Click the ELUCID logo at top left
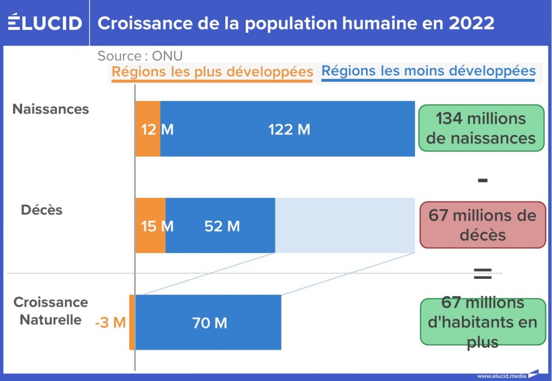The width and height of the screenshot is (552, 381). tap(45, 23)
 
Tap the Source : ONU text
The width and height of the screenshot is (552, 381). tap(140, 56)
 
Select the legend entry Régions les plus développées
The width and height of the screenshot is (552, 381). tap(213, 72)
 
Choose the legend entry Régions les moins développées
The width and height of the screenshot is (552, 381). tap(428, 71)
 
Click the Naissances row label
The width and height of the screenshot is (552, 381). tap(51, 109)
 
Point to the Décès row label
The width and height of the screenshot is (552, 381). tap(42, 210)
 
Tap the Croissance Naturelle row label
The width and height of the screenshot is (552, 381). tap(51, 311)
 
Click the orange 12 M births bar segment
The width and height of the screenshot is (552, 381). tap(148, 129)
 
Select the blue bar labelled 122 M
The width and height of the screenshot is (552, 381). tap(288, 129)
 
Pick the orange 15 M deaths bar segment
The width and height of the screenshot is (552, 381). tap(150, 225)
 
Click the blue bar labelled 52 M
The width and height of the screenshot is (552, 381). tap(221, 225)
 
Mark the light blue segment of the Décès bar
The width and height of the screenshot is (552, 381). tap(345, 225)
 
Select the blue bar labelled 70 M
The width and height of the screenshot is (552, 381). tap(209, 322)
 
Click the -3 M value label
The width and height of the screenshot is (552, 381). tap(110, 322)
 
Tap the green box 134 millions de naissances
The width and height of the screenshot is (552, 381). tap(481, 128)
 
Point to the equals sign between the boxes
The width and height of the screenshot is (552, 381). tap(482, 271)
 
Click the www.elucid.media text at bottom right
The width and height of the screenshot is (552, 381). tap(502, 376)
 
